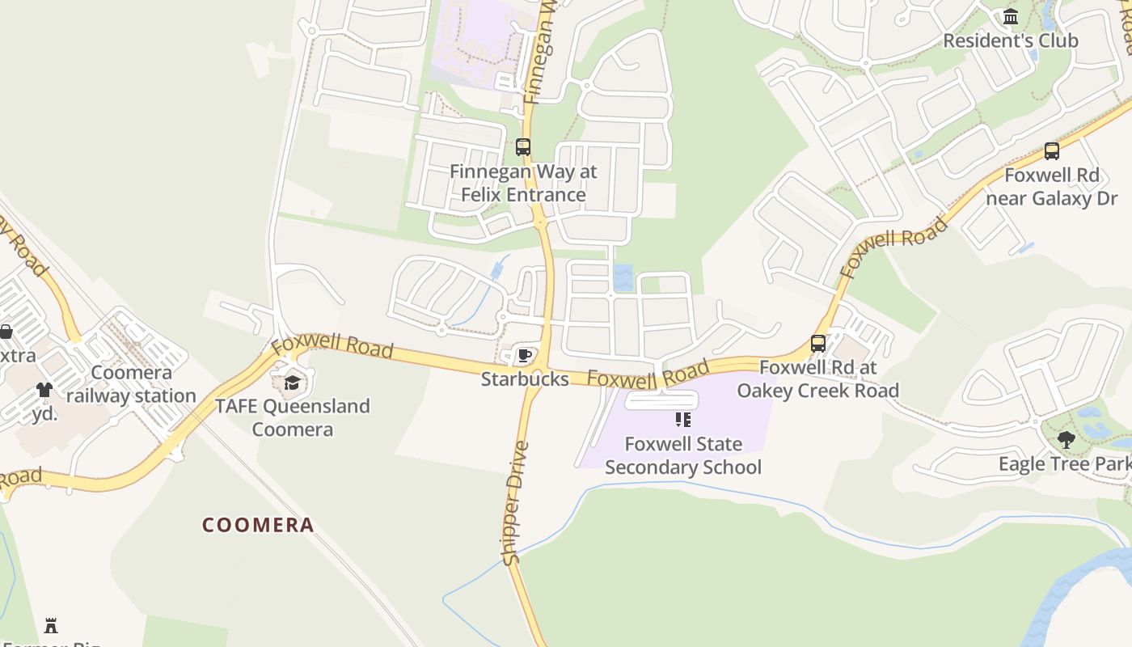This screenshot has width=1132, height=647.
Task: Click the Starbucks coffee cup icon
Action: click(x=524, y=355)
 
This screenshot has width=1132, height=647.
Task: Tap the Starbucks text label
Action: click(x=525, y=378)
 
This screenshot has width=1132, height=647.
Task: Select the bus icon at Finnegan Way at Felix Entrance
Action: click(x=523, y=147)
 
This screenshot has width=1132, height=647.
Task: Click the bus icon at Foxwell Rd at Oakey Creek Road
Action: click(x=818, y=344)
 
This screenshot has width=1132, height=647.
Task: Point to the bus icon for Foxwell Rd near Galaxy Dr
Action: click(x=1051, y=151)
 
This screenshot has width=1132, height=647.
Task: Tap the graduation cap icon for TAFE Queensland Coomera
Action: click(x=292, y=383)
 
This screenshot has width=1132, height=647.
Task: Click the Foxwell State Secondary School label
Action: click(x=683, y=455)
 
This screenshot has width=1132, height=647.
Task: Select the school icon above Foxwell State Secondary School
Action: click(x=683, y=420)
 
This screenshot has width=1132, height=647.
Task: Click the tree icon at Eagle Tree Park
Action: click(x=1067, y=440)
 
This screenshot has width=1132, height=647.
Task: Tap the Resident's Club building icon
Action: click(x=1010, y=17)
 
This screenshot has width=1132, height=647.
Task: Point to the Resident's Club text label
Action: click(x=1010, y=40)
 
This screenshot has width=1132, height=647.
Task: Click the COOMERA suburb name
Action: click(x=258, y=525)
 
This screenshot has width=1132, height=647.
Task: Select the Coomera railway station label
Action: click(x=131, y=384)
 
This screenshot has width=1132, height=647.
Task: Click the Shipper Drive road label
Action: click(x=515, y=503)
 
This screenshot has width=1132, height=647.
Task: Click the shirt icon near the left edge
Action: click(x=44, y=390)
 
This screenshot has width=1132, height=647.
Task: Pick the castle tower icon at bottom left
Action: click(x=51, y=625)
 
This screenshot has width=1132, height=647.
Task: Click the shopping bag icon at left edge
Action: click(x=6, y=332)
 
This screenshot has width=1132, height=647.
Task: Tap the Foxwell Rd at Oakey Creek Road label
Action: click(x=817, y=379)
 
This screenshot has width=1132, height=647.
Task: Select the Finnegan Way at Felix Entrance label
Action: click(x=523, y=183)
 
